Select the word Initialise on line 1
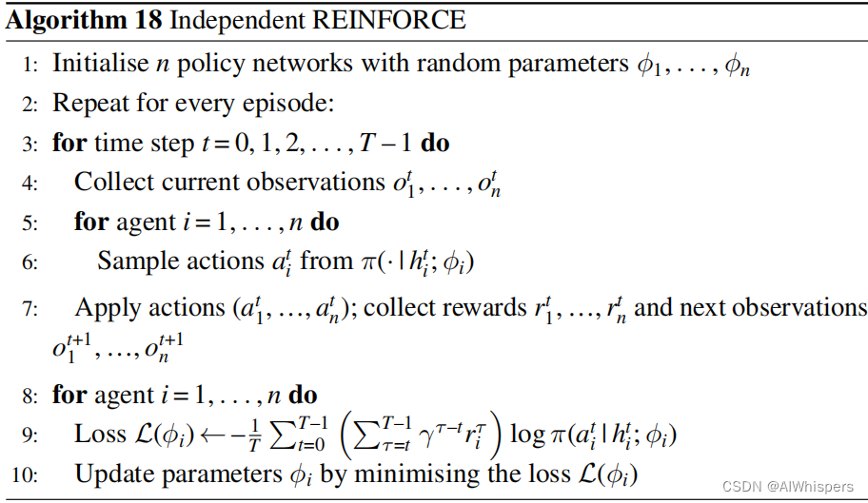click(x=99, y=64)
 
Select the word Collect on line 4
click(x=110, y=182)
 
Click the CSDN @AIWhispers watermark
click(x=786, y=487)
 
